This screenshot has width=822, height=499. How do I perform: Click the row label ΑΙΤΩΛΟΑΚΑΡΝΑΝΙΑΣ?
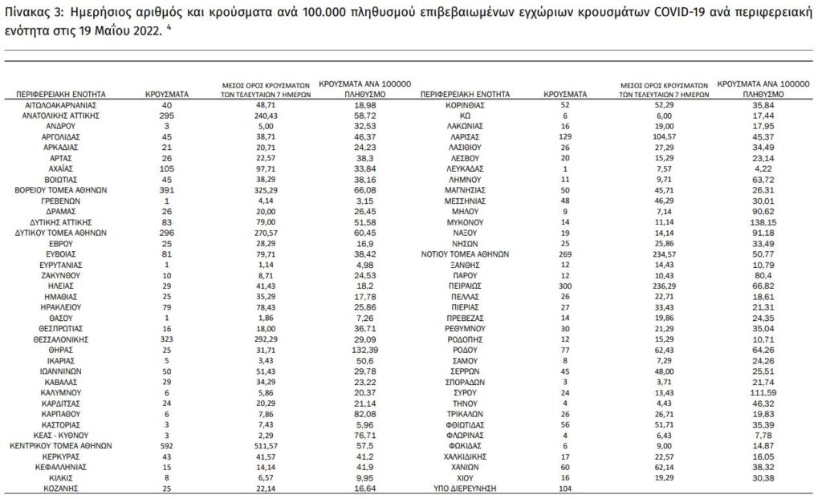click(61, 105)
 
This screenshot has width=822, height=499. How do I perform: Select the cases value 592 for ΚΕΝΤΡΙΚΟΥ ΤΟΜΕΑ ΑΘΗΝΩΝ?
click(166, 444)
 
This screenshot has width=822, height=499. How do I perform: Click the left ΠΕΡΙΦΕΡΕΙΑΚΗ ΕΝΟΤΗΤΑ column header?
click(61, 94)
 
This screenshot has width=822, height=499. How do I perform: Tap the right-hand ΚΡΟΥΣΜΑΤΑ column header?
click(566, 94)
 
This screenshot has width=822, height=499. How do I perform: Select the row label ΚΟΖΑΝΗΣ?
click(61, 488)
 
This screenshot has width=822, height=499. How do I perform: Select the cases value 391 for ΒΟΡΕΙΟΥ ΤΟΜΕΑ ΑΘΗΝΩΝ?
click(166, 190)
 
